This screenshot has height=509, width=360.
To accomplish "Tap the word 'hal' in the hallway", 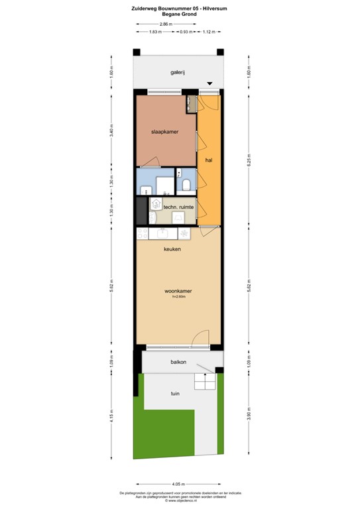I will pyautogui.click(x=208, y=160).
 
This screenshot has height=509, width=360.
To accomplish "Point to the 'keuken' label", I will pyautogui.click(x=173, y=249).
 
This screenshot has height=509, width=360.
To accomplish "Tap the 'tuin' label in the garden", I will pyautogui.click(x=175, y=394).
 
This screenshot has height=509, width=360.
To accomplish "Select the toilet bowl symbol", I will pyautogui.click(x=187, y=183).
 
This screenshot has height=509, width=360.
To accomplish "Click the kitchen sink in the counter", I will pyautogui.click(x=161, y=233).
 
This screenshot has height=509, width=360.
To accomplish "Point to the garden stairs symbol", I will pyautogui.click(x=205, y=381).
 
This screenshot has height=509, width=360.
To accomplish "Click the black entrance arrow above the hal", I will pyautogui.click(x=210, y=84).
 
